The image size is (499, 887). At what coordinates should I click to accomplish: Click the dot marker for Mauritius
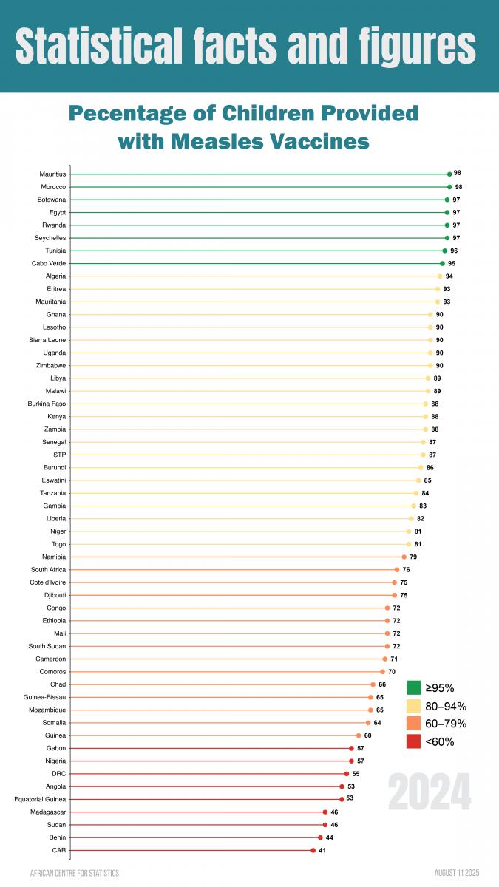click(x=449, y=174)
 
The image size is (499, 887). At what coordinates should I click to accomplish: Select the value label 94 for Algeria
click(x=449, y=276)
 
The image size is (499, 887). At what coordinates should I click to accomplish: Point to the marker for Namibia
click(x=404, y=557)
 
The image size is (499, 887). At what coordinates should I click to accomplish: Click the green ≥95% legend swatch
click(x=414, y=688)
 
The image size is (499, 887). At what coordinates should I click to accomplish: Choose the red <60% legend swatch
click(x=414, y=741)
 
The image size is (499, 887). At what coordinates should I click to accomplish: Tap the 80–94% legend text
click(x=446, y=706)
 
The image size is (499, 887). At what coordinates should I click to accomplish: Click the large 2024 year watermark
click(x=430, y=792)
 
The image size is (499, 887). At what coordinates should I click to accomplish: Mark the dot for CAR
click(x=313, y=850)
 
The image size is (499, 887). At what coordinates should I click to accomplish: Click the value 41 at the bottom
click(x=322, y=850)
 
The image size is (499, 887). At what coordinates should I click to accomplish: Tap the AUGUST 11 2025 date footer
click(x=457, y=873)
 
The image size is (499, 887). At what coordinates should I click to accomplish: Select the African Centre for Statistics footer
click(x=74, y=873)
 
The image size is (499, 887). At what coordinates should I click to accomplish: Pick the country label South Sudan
click(x=47, y=646)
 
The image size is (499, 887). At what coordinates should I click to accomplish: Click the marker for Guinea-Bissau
click(x=370, y=697)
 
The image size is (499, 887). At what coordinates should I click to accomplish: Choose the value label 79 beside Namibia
click(x=414, y=557)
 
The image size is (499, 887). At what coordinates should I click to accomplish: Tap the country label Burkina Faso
click(x=47, y=404)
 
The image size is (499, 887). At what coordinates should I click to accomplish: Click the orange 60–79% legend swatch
click(x=414, y=724)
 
